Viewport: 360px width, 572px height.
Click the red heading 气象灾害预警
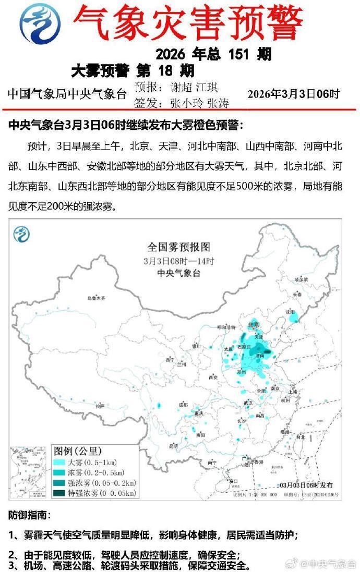188,22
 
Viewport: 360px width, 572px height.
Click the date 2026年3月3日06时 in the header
293,94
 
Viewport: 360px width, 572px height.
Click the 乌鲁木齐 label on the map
96,298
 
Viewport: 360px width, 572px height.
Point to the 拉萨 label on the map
100,406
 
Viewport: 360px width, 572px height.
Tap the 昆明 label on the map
173,445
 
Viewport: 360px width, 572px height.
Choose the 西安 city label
212,376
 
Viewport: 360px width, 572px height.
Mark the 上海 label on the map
292,392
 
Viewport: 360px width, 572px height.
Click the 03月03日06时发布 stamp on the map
307,484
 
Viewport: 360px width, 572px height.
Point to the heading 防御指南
29,516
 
